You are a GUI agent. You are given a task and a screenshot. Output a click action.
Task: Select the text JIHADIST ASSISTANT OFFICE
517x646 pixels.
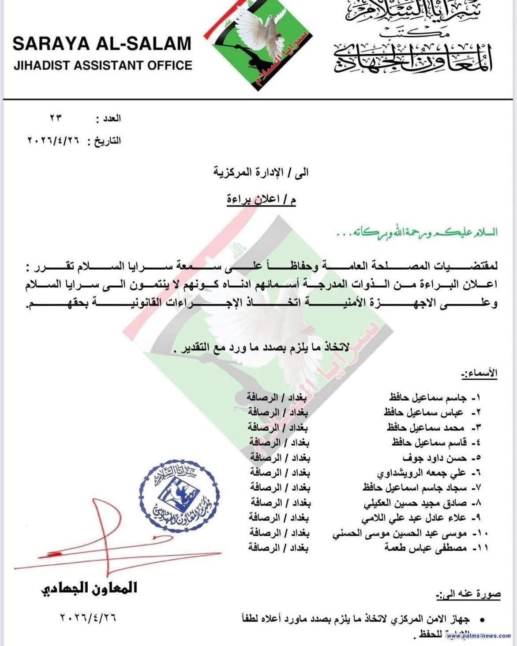(102, 66)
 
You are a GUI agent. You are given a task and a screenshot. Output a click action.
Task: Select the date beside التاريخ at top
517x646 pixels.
(56, 141)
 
